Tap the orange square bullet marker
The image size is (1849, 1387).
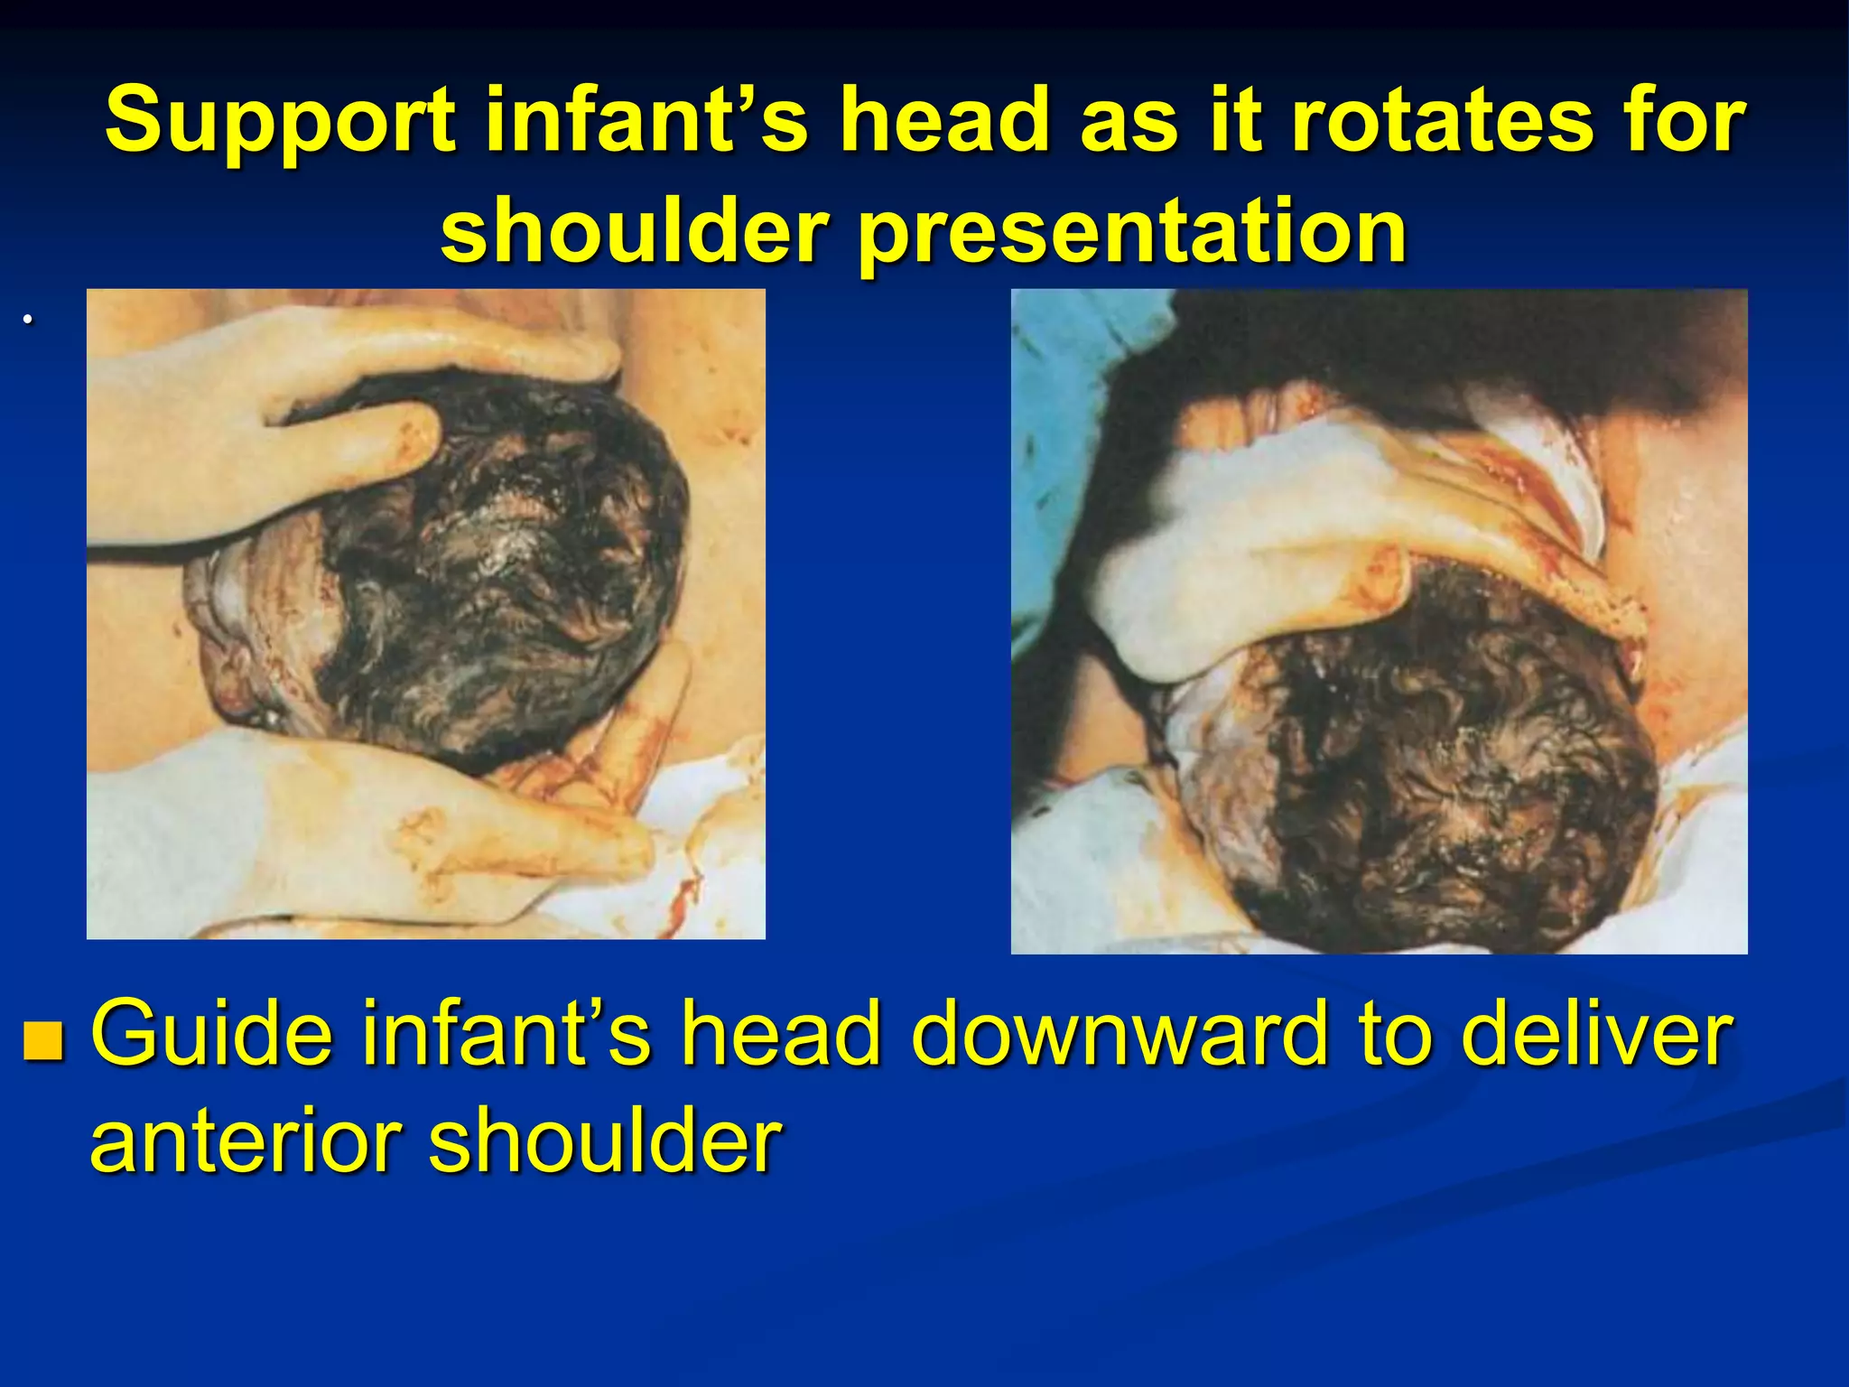click(x=44, y=1040)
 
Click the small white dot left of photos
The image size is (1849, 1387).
click(x=29, y=319)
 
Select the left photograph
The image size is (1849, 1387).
click(x=425, y=614)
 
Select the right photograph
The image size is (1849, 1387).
click(x=1379, y=621)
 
